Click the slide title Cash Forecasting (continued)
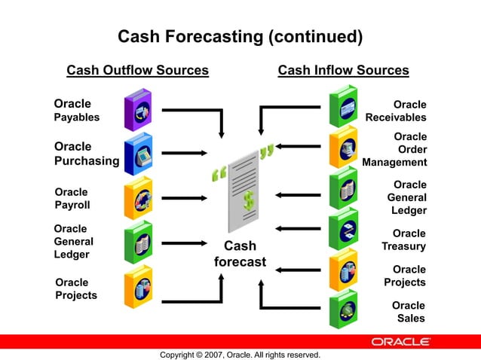coord(240,36)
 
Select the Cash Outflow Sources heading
coord(137,71)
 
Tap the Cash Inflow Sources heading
coord(343,71)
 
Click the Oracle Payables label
coord(75,110)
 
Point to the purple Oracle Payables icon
coord(138,109)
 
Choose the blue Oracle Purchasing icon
coord(138,153)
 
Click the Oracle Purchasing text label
coord(87,154)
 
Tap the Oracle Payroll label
coord(72,198)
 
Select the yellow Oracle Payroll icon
coord(138,199)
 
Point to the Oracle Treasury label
coord(404,240)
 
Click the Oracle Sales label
coord(409,312)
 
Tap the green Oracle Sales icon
coord(343,309)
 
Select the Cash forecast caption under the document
coord(240,254)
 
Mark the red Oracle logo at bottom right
coord(400,342)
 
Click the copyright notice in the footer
coord(240,355)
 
